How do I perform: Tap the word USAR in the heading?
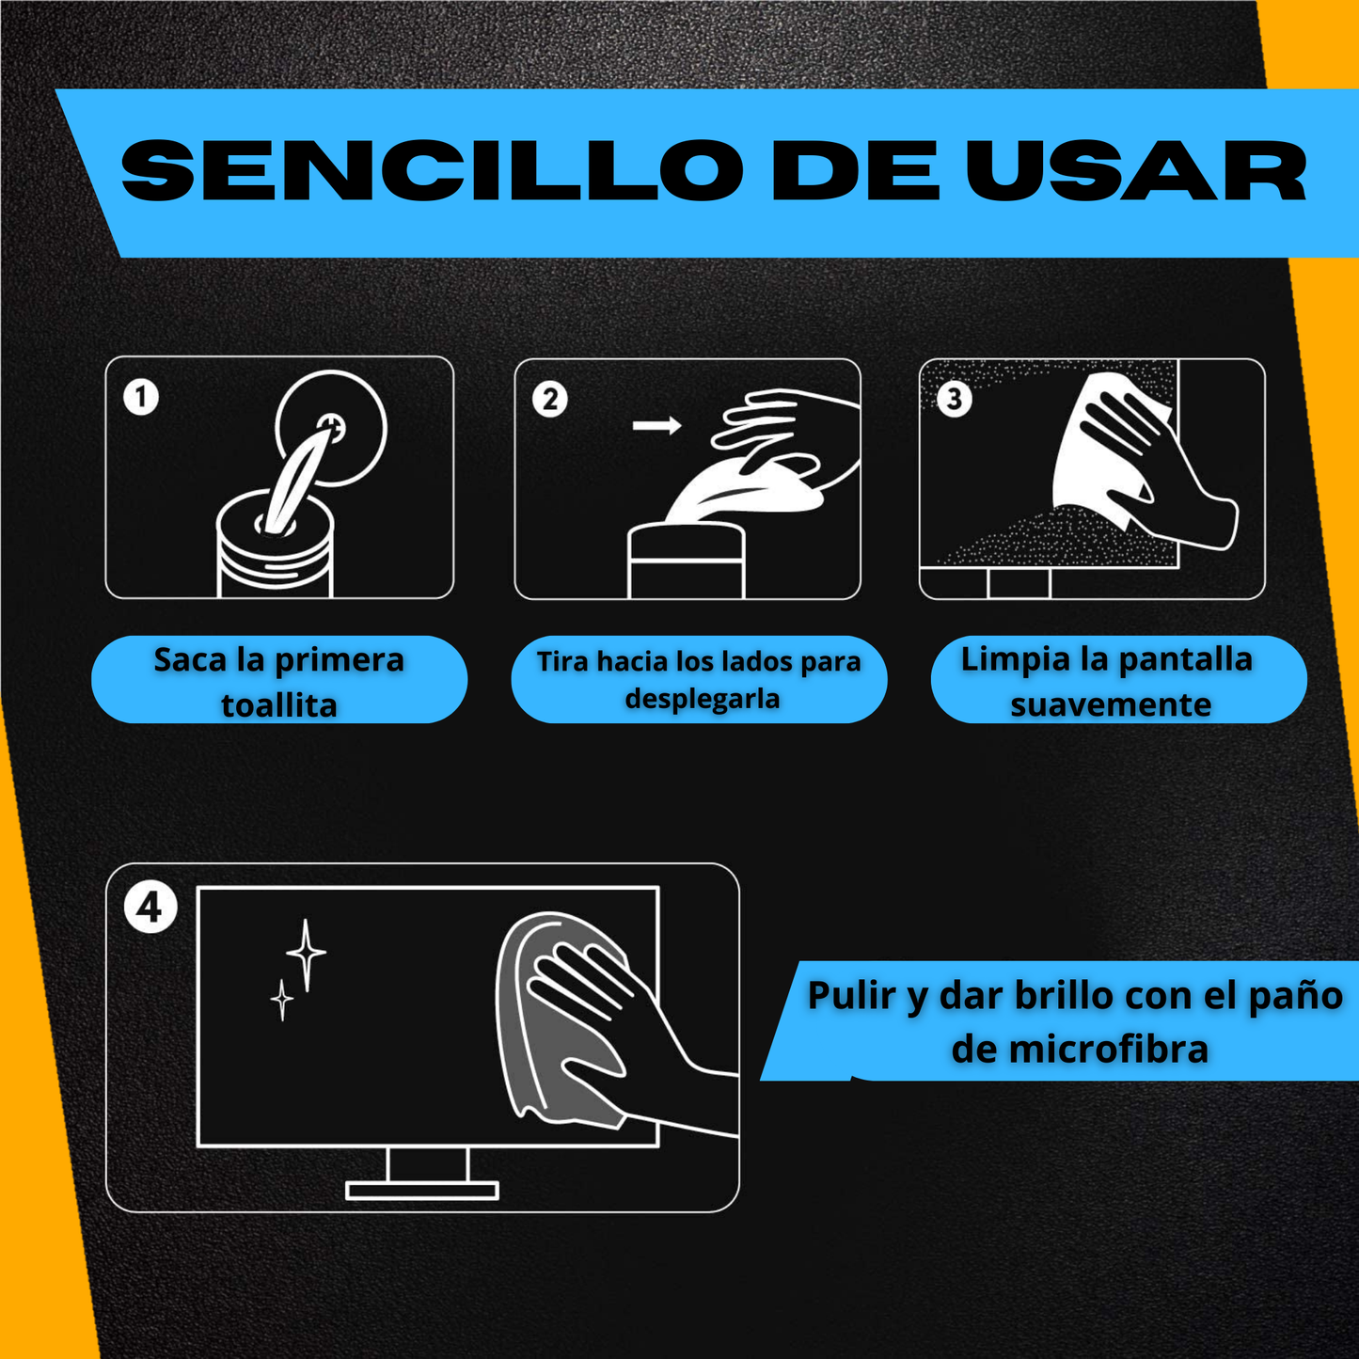pos(1136,170)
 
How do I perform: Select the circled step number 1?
pos(141,397)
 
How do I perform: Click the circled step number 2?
pos(550,399)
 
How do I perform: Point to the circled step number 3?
pos(955,399)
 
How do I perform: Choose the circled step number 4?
pos(150,907)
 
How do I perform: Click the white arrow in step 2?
pos(656,425)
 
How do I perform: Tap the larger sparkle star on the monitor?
pos(306,955)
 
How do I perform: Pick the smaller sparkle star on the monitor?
pos(282,999)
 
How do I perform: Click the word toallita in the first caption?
pos(279,704)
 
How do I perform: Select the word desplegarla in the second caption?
pos(702,698)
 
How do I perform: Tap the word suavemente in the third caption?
pos(1111,703)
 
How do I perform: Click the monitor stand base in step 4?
pos(421,1192)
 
